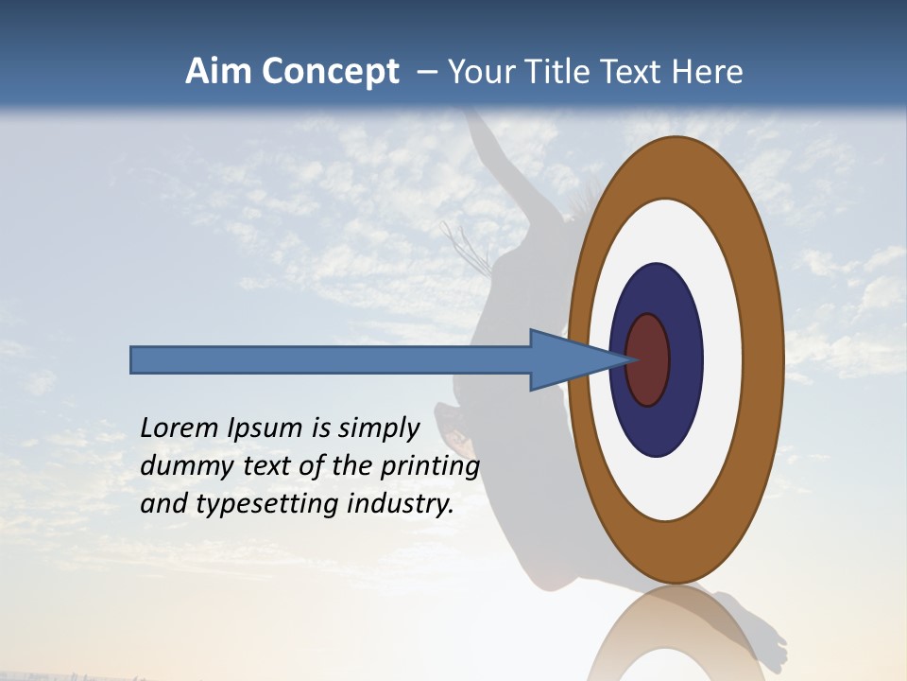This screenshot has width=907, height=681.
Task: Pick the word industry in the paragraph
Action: [x=401, y=503]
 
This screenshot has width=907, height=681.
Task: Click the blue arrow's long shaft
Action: [x=331, y=359]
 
